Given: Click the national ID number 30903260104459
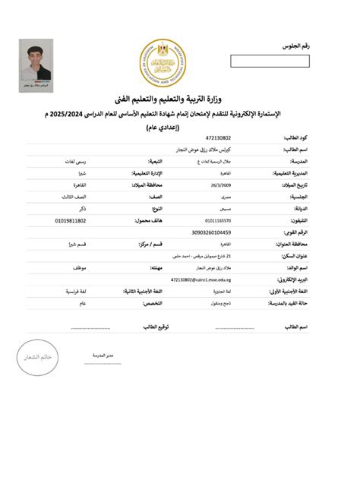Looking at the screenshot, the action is click(212, 232).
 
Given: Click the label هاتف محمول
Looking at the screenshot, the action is click(152, 220).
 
